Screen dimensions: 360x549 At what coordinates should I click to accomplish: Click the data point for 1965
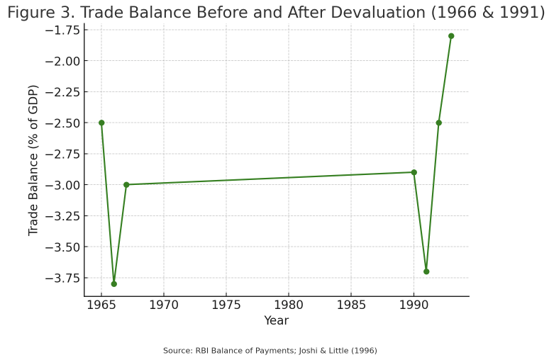(101, 123)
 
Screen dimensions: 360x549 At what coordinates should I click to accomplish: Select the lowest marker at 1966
(113, 284)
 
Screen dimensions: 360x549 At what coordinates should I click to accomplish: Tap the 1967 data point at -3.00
(126, 185)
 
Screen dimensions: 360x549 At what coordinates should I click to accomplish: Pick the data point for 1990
(414, 172)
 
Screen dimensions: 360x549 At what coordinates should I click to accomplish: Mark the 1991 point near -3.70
(426, 271)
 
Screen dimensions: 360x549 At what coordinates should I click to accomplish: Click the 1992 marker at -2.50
(438, 123)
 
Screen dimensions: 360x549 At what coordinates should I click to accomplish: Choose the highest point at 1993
(451, 36)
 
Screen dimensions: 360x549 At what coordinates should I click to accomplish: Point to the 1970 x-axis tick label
(163, 306)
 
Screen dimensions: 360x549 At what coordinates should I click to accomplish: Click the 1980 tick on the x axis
(289, 306)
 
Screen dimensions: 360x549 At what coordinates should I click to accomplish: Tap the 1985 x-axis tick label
(351, 306)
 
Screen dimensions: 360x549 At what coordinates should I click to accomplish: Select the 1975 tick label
(226, 306)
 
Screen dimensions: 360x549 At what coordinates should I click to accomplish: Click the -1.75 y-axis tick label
(62, 30)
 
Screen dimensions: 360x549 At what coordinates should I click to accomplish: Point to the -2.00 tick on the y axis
(62, 61)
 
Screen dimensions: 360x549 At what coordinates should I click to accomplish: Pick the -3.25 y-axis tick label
(62, 216)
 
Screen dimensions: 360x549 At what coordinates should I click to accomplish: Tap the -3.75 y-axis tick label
(62, 278)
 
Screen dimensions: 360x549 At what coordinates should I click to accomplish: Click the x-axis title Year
(276, 321)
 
